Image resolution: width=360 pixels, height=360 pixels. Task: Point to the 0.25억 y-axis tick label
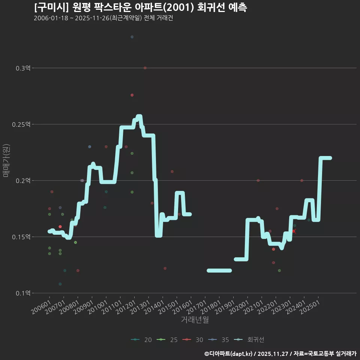point(22,124)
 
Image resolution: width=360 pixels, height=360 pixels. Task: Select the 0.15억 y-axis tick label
point(22,237)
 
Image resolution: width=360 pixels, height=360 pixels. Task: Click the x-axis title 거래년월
point(195,320)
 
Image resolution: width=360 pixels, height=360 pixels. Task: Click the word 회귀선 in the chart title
point(206,7)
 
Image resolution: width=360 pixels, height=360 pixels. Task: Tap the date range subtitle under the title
point(103,18)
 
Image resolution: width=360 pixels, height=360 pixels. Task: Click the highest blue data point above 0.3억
point(132,37)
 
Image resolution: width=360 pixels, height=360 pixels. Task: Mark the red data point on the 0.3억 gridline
point(145,68)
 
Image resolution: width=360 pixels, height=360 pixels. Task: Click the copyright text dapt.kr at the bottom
point(240,353)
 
